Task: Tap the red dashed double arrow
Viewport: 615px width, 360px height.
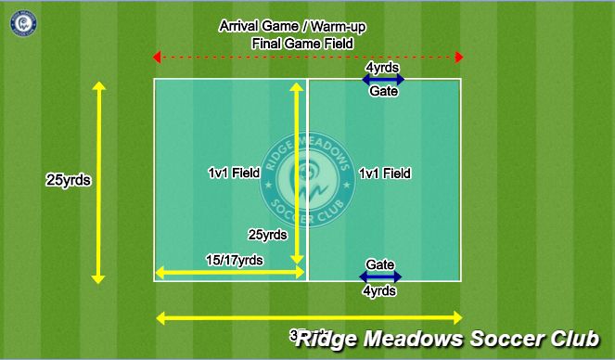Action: pyautogui.click(x=308, y=58)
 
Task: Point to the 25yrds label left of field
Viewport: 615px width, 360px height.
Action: pyautogui.click(x=68, y=180)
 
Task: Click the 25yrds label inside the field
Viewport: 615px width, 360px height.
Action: pyautogui.click(x=269, y=234)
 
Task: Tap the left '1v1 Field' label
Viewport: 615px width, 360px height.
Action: pyautogui.click(x=235, y=174)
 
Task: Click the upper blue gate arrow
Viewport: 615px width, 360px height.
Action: pyautogui.click(x=383, y=80)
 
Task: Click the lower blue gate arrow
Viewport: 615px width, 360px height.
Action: pyautogui.click(x=381, y=276)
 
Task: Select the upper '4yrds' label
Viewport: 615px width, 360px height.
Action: pyautogui.click(x=383, y=68)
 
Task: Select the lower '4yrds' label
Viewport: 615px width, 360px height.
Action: pyautogui.click(x=381, y=290)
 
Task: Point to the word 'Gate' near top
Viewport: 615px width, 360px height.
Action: pyautogui.click(x=384, y=92)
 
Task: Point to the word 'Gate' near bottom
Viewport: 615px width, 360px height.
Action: pyautogui.click(x=381, y=264)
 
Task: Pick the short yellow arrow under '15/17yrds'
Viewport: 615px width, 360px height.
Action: pyautogui.click(x=230, y=273)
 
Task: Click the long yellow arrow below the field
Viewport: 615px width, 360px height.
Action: pyautogui.click(x=309, y=318)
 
